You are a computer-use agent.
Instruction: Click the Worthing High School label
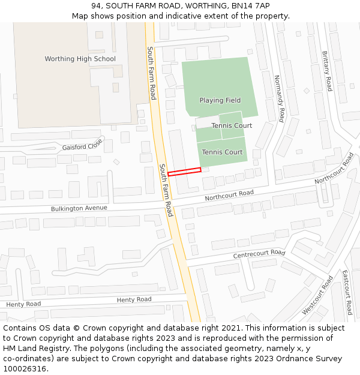80,59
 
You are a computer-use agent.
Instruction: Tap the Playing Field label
220,100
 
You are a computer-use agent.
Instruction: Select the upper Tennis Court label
232,125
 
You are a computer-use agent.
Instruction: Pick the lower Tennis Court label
222,152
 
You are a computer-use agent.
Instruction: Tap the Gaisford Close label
82,146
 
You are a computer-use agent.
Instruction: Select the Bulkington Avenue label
79,208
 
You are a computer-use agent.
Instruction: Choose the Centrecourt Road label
259,255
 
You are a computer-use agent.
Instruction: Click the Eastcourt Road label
346,292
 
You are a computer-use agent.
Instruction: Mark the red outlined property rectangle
184,172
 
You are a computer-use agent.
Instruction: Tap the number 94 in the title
97,5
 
